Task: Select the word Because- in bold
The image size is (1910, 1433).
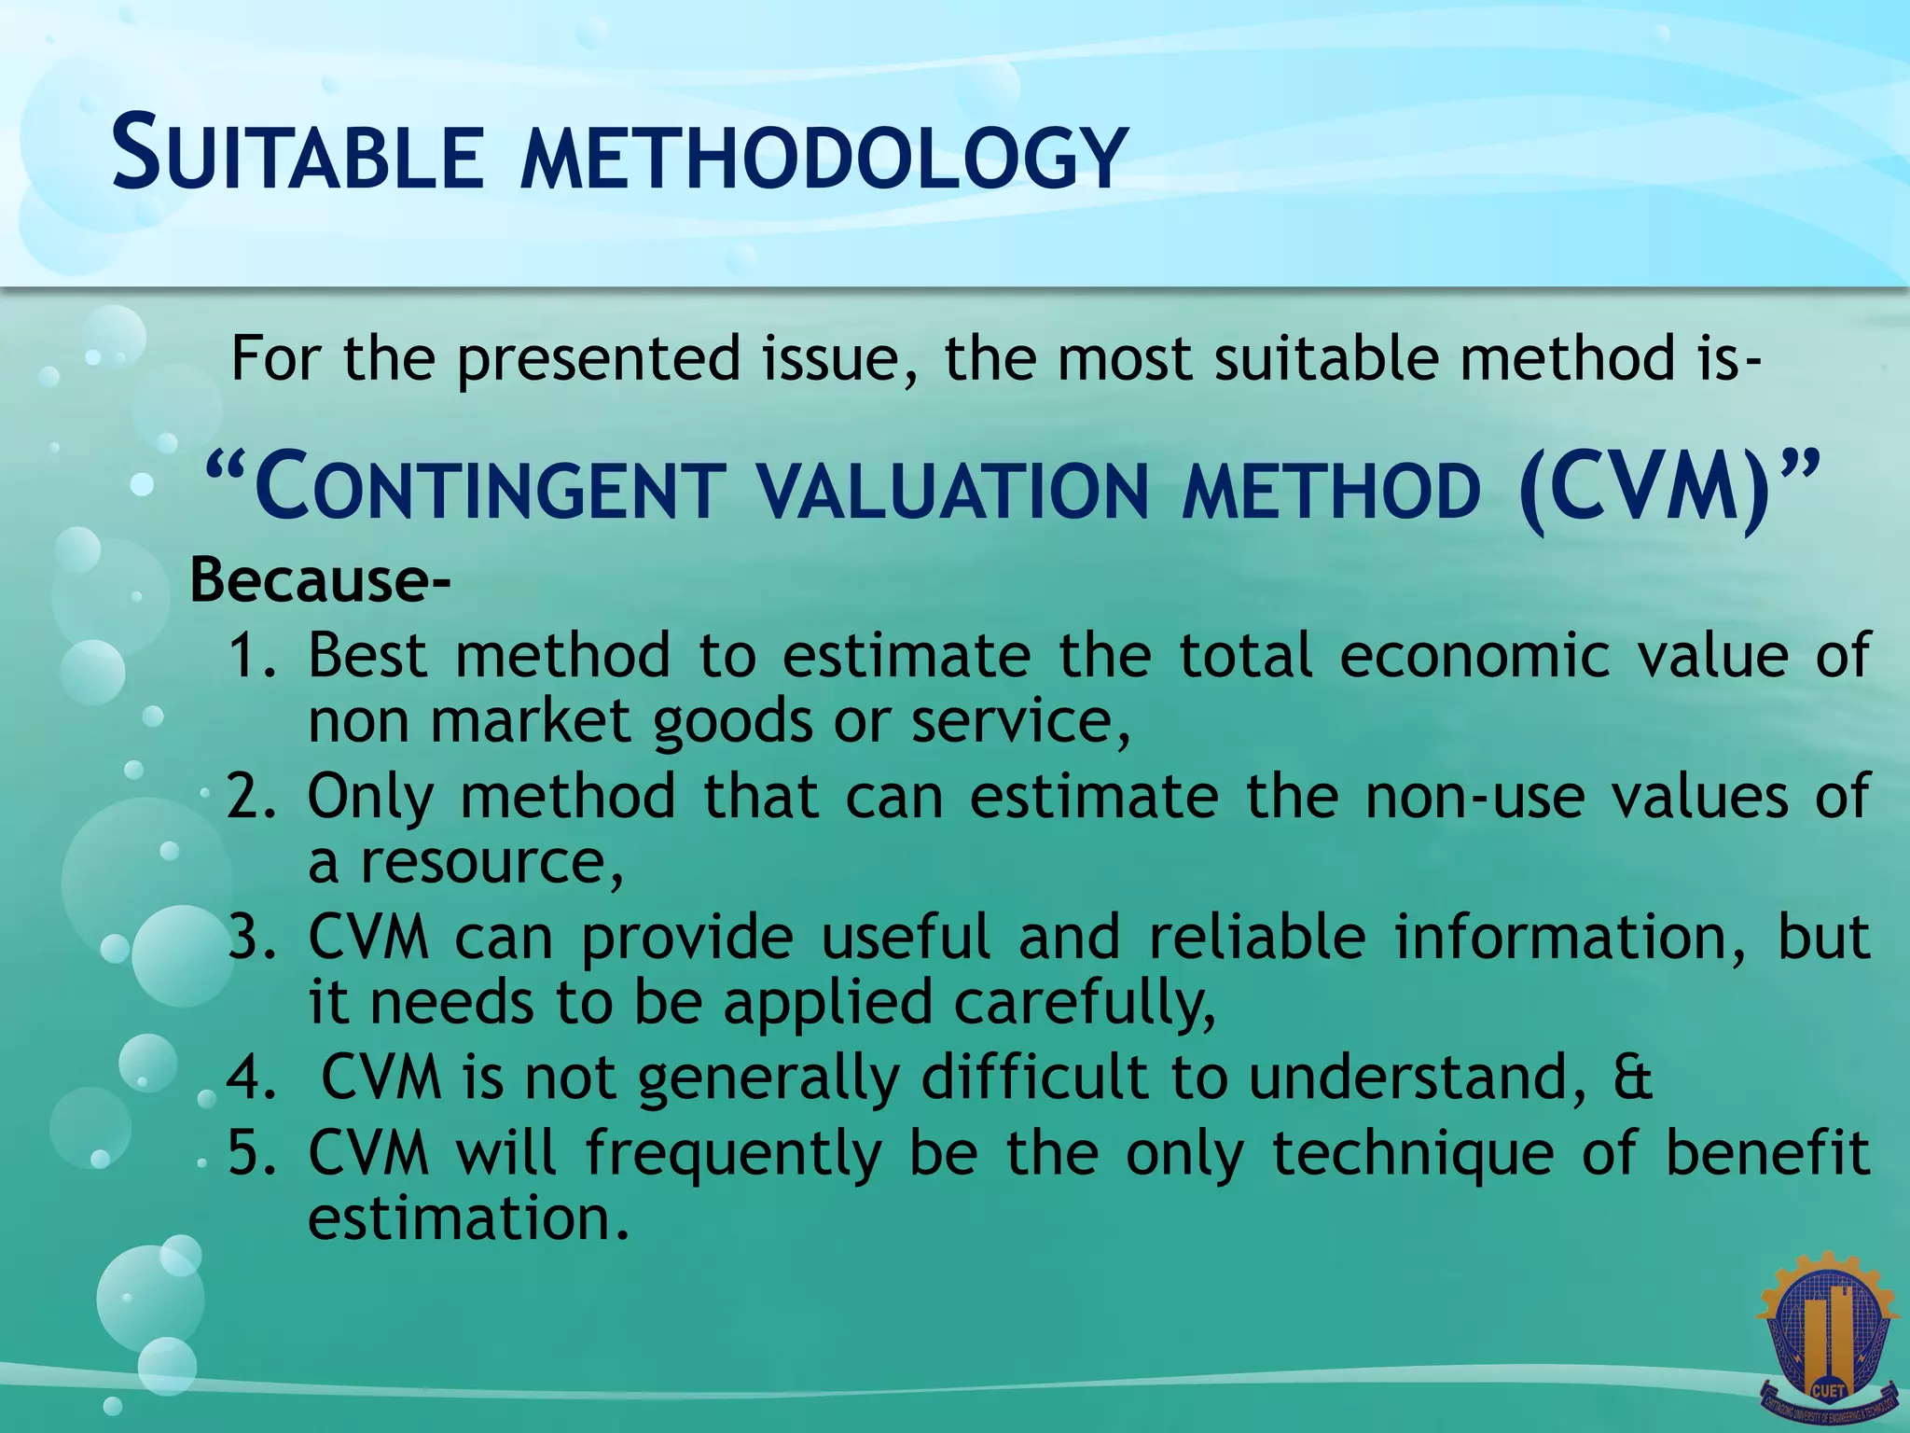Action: (320, 580)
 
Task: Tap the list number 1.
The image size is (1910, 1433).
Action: (250, 655)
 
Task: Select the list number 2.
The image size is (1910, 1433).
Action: (250, 796)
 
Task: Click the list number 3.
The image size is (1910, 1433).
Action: (250, 938)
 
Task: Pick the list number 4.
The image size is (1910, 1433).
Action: (250, 1078)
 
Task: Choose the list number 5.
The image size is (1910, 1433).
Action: (250, 1153)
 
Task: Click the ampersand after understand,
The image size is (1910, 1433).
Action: (1632, 1078)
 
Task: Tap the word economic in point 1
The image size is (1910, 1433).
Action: (1474, 655)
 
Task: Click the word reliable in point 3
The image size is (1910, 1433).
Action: (1256, 938)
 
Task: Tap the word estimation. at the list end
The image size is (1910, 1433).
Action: (468, 1219)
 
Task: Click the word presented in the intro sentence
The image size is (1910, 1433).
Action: (597, 359)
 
